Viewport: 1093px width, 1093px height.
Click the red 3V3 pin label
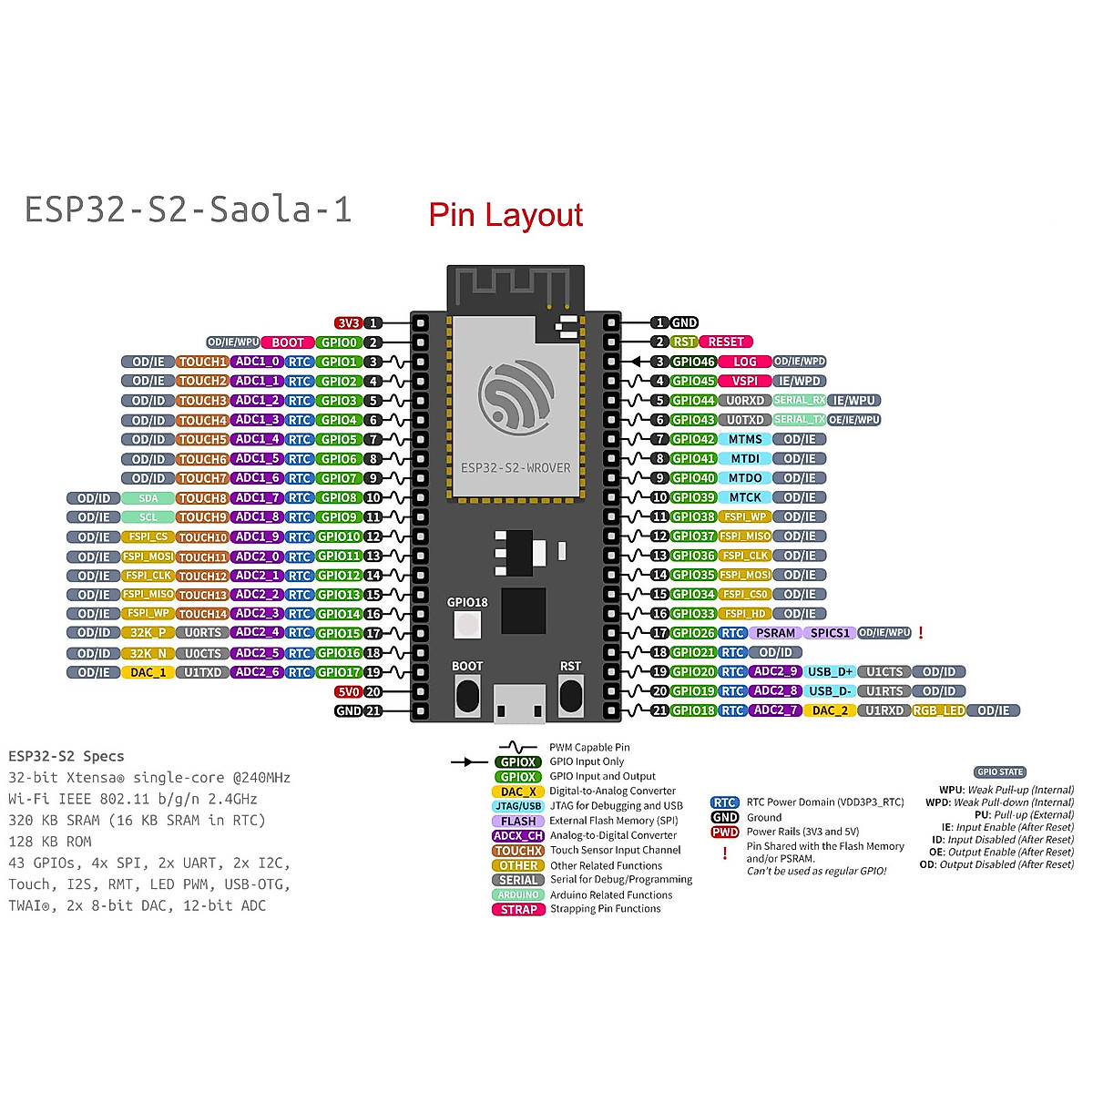(348, 323)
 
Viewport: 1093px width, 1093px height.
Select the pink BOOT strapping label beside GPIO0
(287, 342)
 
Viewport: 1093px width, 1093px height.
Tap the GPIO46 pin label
(693, 362)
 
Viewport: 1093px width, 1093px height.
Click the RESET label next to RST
(726, 342)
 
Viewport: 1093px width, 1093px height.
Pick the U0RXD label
(744, 401)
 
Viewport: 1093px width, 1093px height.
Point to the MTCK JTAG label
(744, 497)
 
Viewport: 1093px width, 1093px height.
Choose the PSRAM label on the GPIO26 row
(775, 633)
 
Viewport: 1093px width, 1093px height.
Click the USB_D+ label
(830, 672)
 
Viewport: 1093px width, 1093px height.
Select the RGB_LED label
(938, 711)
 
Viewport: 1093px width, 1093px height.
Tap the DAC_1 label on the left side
(148, 673)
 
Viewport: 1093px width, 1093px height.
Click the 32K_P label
(148, 633)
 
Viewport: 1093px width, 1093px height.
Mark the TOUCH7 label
(202, 478)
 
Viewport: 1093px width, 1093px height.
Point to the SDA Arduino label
(148, 498)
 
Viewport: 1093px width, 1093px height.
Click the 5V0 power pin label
(348, 692)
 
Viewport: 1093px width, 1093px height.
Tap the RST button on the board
(570, 697)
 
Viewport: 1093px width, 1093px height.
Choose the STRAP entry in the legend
(518, 910)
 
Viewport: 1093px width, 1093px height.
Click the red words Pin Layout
(506, 216)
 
